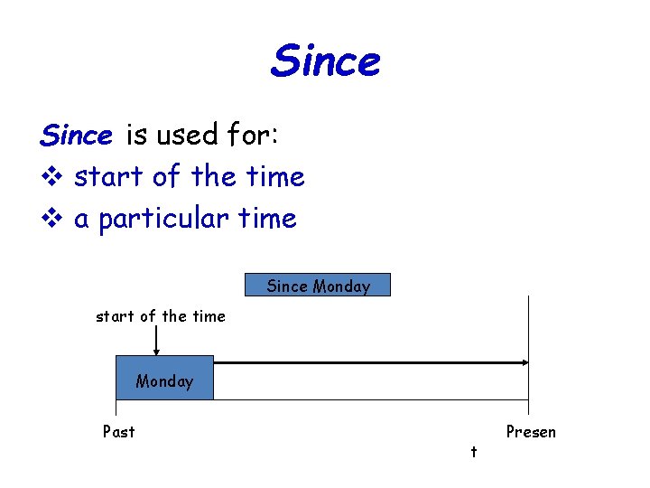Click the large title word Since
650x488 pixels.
pyautogui.click(x=325, y=61)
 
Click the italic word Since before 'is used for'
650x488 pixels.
pyautogui.click(x=76, y=136)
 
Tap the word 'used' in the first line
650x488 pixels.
pyautogui.click(x=187, y=136)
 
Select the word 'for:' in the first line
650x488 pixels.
pyautogui.click(x=255, y=136)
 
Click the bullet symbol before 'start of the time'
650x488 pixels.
pyautogui.click(x=51, y=177)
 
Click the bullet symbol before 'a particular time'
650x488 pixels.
pyautogui.click(x=51, y=219)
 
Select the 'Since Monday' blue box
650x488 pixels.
pyautogui.click(x=318, y=286)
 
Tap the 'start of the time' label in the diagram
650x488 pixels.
pyautogui.click(x=161, y=316)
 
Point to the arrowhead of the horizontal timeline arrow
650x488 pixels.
pyautogui.click(x=523, y=362)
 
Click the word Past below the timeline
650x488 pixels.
pyautogui.click(x=119, y=432)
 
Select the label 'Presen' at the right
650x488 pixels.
pyautogui.click(x=531, y=432)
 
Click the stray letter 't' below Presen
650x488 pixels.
pyautogui.click(x=473, y=451)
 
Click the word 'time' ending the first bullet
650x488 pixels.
pyautogui.click(x=275, y=177)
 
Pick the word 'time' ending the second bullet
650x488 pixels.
pyautogui.click(x=267, y=219)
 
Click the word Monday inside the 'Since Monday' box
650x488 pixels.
pyautogui.click(x=341, y=286)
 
